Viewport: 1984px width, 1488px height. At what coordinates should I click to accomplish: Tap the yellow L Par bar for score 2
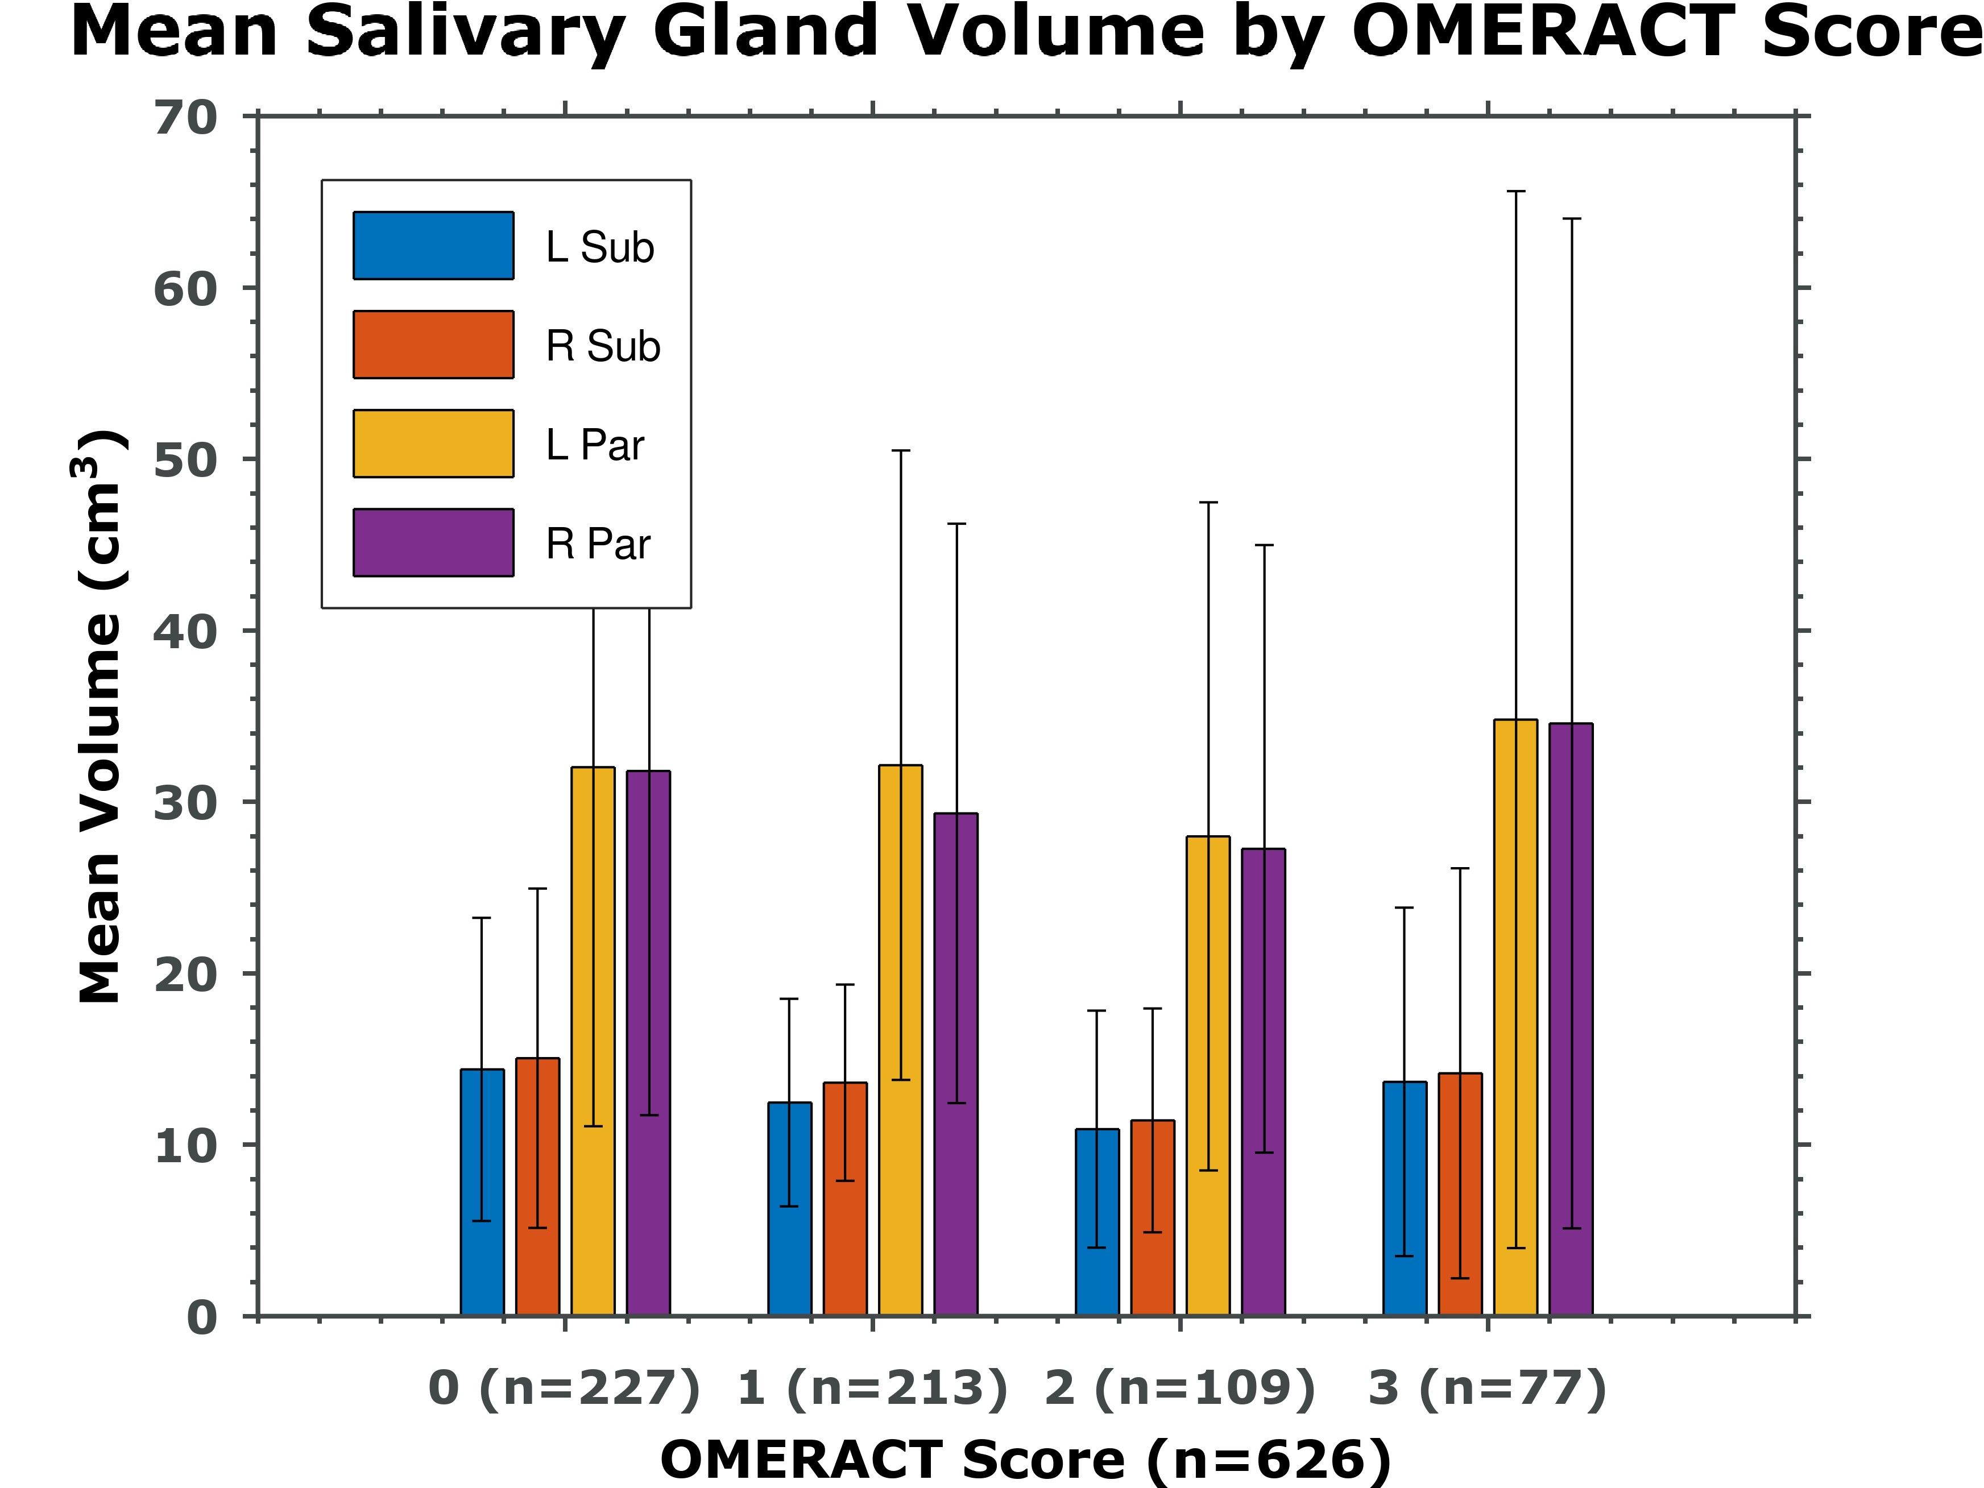1208,1076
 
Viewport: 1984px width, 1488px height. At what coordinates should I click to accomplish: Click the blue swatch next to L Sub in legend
433,246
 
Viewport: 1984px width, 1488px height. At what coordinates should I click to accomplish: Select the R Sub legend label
603,346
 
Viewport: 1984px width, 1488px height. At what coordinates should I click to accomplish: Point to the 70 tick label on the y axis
186,118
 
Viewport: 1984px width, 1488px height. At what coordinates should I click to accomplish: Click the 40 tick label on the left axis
186,632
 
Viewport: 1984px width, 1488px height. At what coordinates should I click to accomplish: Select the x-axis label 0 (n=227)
564,1388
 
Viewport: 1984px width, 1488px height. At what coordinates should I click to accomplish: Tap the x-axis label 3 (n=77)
1487,1388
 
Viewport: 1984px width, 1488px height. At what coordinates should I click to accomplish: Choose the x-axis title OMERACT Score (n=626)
1025,1460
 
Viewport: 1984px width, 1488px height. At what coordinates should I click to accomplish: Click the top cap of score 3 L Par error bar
1516,191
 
